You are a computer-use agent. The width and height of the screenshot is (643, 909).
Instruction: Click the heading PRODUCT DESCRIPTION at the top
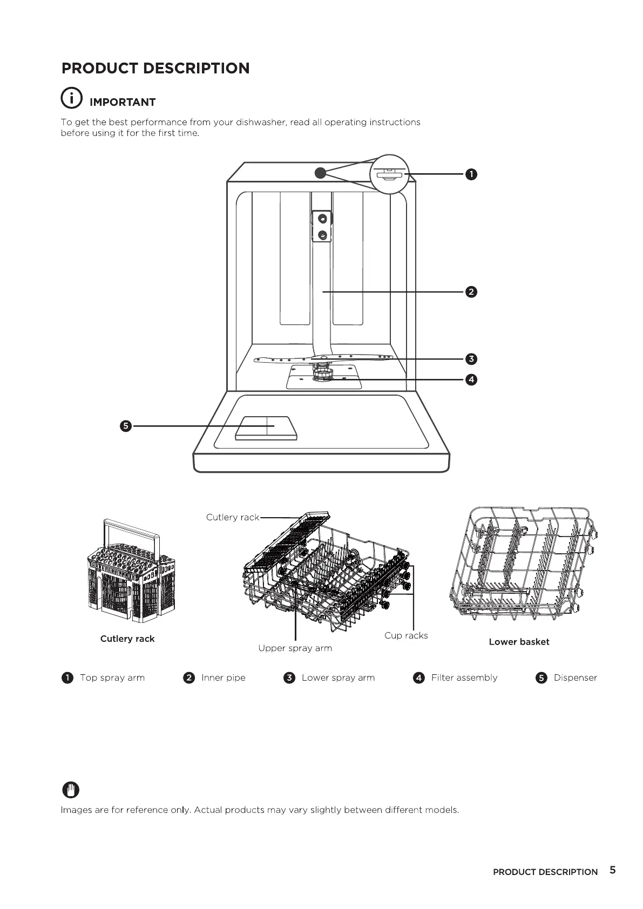click(155, 69)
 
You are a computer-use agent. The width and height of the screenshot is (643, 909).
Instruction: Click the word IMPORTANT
click(123, 103)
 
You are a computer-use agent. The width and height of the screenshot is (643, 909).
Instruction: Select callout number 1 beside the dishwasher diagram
click(471, 174)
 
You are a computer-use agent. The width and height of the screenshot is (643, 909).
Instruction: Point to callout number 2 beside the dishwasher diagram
click(471, 292)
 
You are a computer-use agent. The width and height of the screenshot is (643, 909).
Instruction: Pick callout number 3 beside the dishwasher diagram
click(471, 359)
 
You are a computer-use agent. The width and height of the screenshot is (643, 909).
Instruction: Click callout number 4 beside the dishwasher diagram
click(471, 379)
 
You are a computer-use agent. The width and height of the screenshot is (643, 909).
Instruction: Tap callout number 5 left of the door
click(125, 426)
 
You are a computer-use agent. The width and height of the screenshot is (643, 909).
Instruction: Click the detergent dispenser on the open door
click(266, 428)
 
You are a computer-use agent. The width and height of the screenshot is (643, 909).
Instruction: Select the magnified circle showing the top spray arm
click(389, 174)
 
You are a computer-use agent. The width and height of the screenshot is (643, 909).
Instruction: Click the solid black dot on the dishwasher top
click(320, 173)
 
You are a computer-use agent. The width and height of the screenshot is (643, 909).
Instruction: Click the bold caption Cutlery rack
click(127, 639)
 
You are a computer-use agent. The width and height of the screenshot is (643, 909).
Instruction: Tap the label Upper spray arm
click(295, 648)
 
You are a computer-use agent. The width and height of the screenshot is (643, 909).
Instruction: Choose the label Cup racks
click(406, 635)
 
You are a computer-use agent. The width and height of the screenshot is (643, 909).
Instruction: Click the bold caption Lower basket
click(519, 642)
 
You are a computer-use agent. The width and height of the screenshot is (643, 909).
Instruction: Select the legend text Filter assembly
click(464, 677)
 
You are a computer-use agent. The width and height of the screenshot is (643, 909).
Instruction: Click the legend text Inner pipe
click(223, 677)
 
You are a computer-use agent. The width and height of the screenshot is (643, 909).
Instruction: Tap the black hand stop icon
click(71, 790)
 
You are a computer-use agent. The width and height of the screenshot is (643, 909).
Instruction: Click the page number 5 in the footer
click(612, 870)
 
